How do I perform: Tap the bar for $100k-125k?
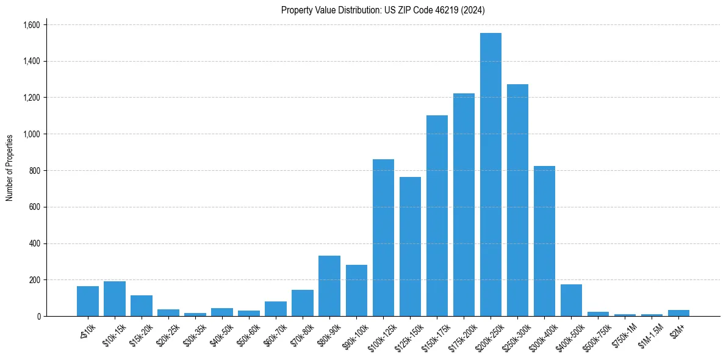tap(383, 238)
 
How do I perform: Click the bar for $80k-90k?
tap(329, 286)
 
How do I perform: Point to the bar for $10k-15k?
tap(115, 299)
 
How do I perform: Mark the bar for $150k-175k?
tap(437, 216)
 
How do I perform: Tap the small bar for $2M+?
tap(678, 313)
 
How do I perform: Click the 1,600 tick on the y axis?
tap(31, 25)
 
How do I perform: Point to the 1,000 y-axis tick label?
tap(31, 134)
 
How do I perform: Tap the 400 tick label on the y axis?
tap(35, 243)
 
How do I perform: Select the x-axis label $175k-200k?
tap(462, 334)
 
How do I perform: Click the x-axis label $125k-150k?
tap(409, 334)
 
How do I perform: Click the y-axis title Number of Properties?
tap(9, 168)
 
